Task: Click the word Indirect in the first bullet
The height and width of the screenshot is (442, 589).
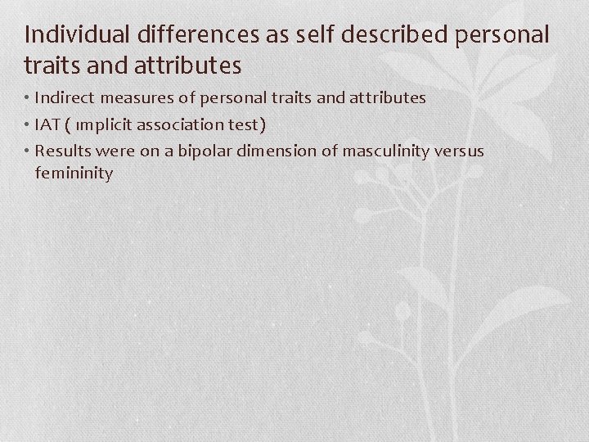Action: tap(63, 98)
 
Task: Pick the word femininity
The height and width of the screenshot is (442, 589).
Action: tap(74, 174)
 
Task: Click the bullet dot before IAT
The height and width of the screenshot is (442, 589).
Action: tap(28, 125)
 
